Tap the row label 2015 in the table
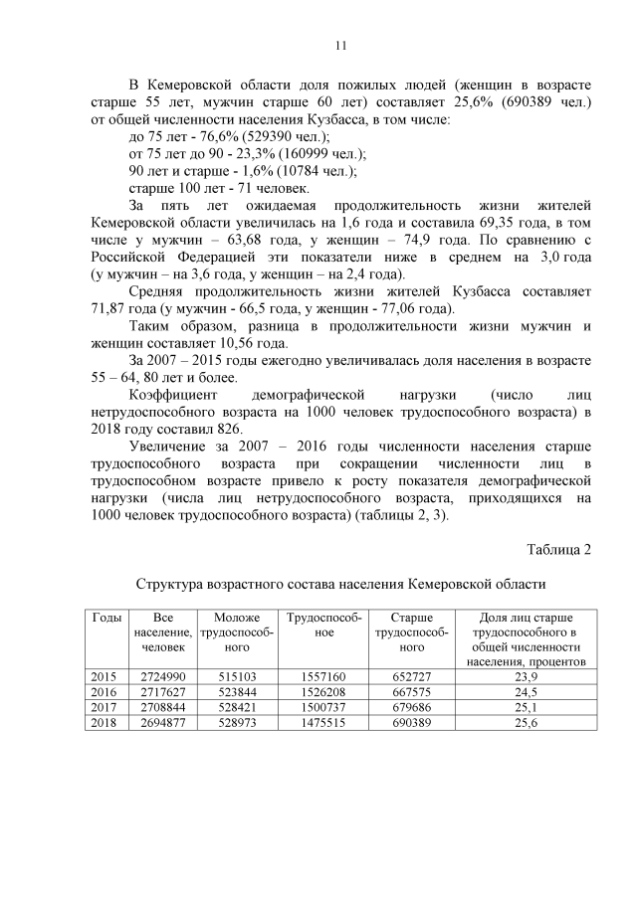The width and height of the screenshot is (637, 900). pyautogui.click(x=104, y=676)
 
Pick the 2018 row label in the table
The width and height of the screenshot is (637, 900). pyautogui.click(x=104, y=722)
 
